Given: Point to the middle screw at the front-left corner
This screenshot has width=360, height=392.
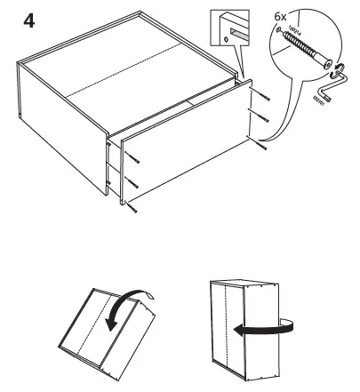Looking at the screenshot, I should coord(132,182).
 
